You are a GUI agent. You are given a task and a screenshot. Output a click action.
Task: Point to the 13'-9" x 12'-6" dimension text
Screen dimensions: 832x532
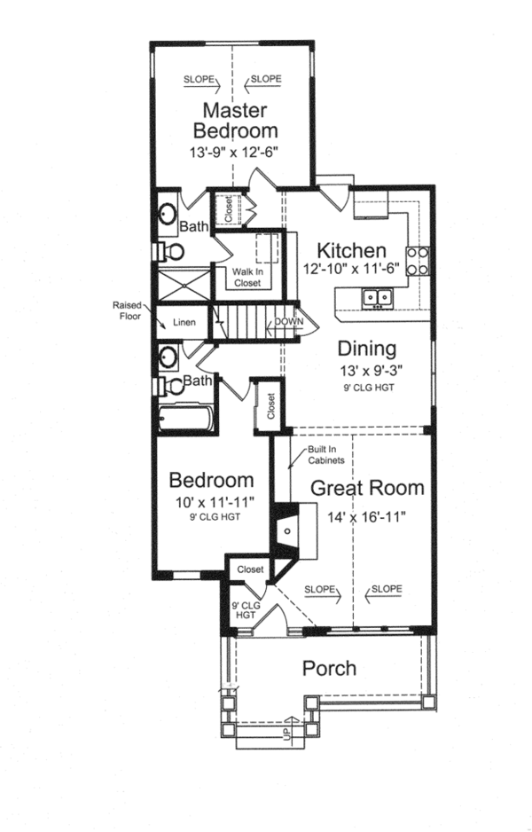(234, 152)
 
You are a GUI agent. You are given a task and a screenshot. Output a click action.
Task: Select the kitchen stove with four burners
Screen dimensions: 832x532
(419, 258)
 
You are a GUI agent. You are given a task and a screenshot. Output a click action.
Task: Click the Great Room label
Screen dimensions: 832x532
(366, 488)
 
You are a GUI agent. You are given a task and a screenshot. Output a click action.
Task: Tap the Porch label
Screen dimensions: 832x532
(329, 668)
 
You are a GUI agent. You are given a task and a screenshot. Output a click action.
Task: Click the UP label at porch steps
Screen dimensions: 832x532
(286, 735)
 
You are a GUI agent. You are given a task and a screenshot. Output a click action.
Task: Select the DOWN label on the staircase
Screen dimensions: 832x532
(288, 321)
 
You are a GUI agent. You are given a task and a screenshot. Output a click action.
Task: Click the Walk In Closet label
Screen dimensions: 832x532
(247, 277)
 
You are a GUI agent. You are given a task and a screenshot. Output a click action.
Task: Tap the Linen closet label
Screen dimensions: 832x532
(184, 322)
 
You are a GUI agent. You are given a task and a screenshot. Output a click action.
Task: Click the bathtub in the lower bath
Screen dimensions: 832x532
(187, 416)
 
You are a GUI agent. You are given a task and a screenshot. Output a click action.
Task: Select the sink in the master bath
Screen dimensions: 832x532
(168, 214)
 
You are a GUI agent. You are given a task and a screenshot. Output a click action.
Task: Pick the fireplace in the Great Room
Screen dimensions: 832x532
(287, 530)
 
